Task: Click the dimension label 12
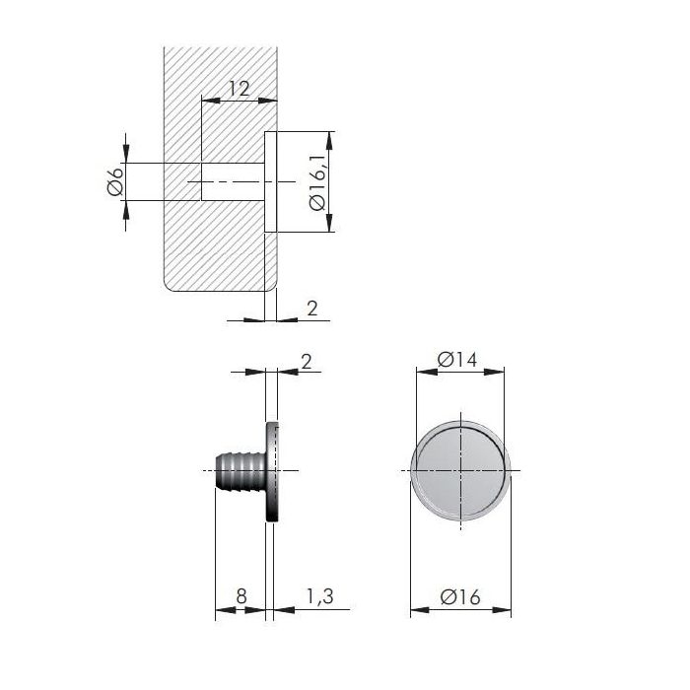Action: click(x=240, y=89)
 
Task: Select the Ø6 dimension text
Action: click(x=115, y=181)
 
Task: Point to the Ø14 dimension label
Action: click(x=457, y=360)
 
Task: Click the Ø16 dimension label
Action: click(x=460, y=597)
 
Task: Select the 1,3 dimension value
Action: click(x=320, y=596)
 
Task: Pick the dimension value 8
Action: click(x=241, y=596)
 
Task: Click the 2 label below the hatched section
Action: click(x=312, y=309)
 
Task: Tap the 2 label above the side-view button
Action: click(x=307, y=362)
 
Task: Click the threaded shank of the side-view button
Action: click(x=241, y=470)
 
